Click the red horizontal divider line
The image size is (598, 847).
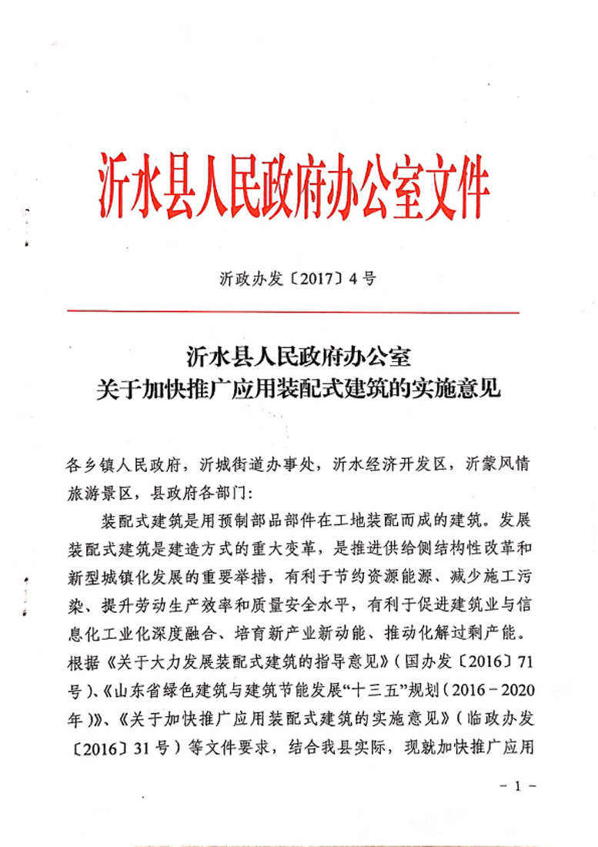[293, 312]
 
